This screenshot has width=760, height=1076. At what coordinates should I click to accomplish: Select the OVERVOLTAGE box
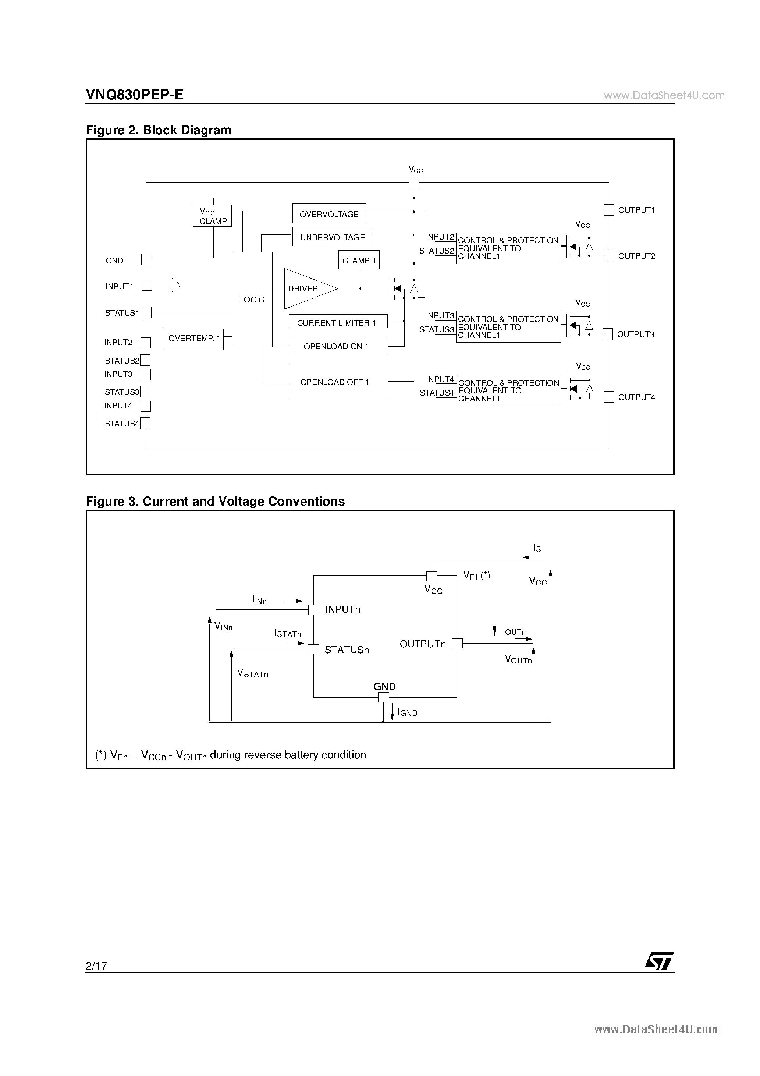(x=329, y=214)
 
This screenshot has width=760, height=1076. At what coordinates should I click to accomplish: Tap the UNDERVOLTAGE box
(x=333, y=237)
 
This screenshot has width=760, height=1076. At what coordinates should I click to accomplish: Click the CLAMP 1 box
(x=359, y=260)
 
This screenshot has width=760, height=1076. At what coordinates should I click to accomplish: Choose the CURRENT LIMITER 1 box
(x=338, y=322)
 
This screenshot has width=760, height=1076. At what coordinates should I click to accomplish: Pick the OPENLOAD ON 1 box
(x=338, y=346)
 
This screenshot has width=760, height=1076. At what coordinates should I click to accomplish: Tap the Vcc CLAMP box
(x=212, y=216)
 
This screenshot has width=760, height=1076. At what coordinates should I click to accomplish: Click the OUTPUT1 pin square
(x=609, y=210)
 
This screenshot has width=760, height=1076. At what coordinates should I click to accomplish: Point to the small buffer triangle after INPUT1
(x=175, y=285)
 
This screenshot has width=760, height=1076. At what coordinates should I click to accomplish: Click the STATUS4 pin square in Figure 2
(x=146, y=423)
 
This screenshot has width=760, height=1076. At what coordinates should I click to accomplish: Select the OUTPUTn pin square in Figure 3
(x=457, y=644)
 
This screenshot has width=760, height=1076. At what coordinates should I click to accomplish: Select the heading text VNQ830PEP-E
(x=135, y=95)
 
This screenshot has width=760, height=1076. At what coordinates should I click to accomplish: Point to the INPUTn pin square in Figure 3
(x=313, y=610)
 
